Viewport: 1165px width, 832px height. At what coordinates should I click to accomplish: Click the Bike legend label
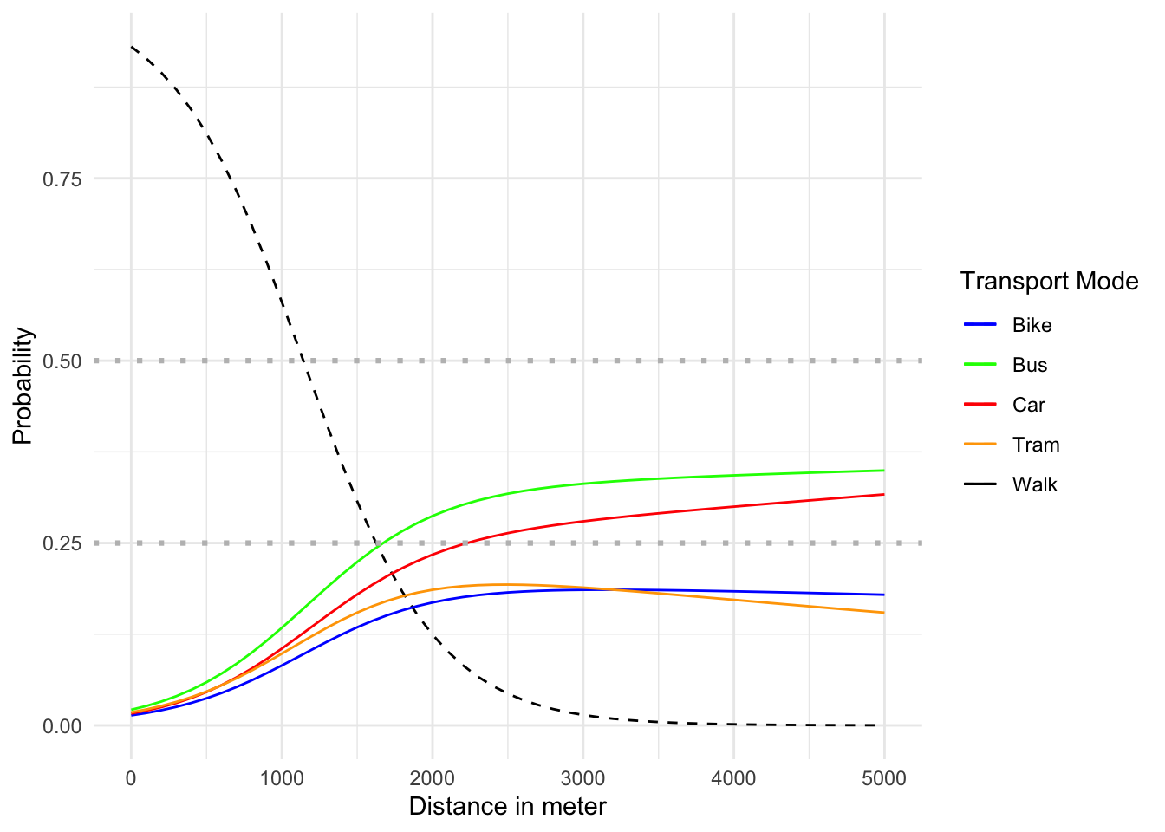(1032, 326)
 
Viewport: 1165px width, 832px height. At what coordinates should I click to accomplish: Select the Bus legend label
(1030, 366)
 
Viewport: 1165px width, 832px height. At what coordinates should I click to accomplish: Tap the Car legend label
(1029, 406)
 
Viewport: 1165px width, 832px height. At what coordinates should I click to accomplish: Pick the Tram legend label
(1036, 445)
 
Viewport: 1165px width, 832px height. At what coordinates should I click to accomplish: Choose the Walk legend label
(1035, 485)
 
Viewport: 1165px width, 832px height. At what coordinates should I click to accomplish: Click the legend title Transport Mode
(1049, 282)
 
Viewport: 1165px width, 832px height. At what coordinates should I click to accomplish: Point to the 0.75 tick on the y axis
(62, 179)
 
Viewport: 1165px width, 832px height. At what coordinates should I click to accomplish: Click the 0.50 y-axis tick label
(62, 361)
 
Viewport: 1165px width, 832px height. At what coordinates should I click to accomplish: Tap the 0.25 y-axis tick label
(62, 543)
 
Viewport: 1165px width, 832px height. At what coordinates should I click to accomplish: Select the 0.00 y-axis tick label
(62, 726)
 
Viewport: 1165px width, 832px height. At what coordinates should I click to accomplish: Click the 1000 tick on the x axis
(282, 778)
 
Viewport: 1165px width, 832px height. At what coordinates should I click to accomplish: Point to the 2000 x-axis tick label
(433, 778)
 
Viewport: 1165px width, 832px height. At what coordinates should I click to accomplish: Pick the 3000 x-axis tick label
(583, 778)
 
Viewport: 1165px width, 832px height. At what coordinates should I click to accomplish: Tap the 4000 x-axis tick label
(733, 778)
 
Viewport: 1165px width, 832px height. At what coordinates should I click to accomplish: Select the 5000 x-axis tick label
(884, 778)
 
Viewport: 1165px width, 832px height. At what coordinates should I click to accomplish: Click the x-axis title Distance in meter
(507, 807)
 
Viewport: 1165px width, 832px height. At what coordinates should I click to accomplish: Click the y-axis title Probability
(23, 387)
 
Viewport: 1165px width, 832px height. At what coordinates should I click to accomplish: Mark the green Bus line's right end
(883, 471)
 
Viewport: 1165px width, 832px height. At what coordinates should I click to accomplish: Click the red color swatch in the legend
(980, 406)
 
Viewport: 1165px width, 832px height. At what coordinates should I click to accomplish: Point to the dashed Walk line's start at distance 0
(132, 47)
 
